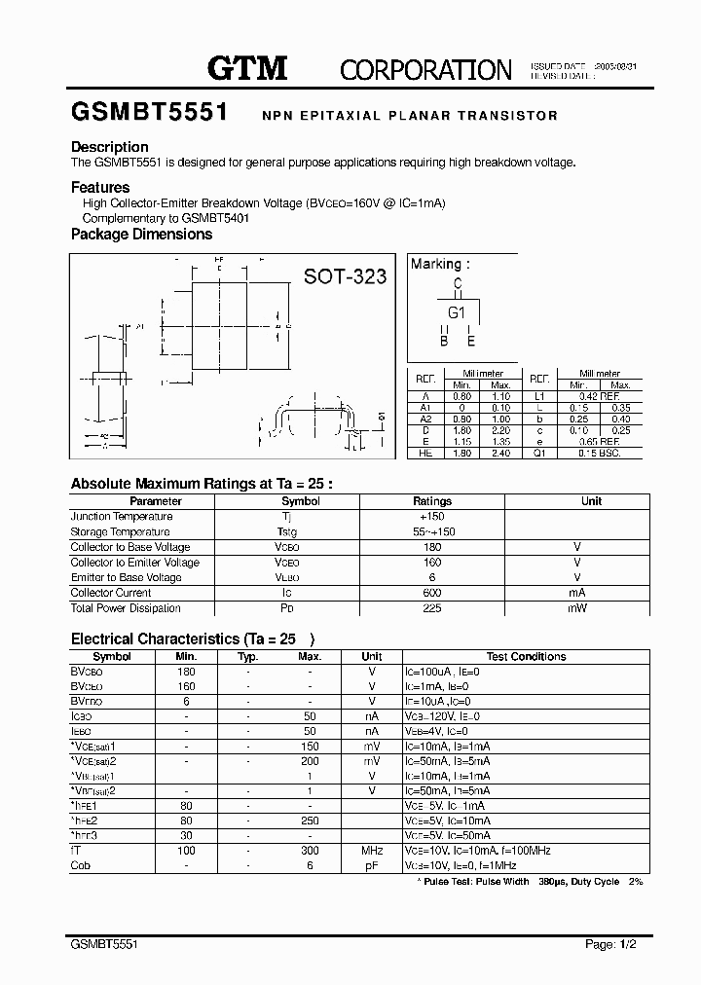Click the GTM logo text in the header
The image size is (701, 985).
247,67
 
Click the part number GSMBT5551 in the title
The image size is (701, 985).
149,113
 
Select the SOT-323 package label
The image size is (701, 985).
345,276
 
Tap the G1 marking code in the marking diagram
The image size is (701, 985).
457,312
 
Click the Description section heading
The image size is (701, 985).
110,147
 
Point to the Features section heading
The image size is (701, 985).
100,187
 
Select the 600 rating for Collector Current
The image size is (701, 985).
432,593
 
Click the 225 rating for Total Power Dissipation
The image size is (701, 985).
432,608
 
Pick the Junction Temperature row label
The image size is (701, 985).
122,517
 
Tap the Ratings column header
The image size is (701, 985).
432,501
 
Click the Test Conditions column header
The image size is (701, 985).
526,656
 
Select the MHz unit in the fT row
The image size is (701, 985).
372,851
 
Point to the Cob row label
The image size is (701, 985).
81,865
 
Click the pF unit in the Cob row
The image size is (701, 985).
372,865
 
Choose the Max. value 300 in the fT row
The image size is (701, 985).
310,851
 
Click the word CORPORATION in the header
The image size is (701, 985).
425,69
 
